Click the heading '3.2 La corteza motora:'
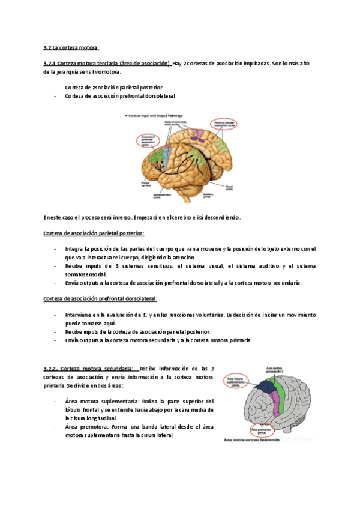tap(71, 47)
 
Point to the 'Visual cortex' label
tap(229, 188)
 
